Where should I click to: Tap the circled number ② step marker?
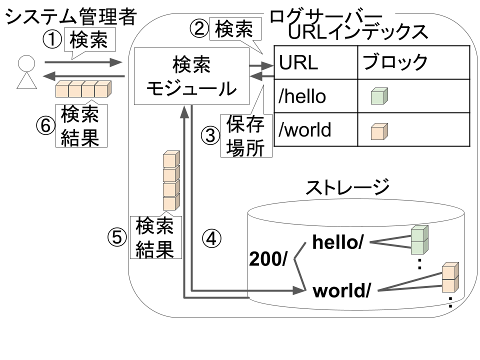(199, 29)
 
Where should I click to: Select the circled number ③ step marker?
(210, 135)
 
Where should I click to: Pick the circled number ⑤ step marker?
(117, 236)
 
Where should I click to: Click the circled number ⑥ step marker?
(45, 125)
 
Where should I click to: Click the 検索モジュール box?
(191, 76)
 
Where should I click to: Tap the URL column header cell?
(315, 63)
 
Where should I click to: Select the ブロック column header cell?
(413, 63)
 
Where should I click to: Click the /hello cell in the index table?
(315, 96)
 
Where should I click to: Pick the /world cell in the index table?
(315, 129)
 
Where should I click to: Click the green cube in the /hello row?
(379, 96)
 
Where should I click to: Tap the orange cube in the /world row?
(379, 131)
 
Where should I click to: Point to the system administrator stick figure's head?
(26, 63)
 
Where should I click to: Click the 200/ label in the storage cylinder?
(268, 259)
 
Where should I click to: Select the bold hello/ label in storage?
(337, 242)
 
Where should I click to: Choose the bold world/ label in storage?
(341, 290)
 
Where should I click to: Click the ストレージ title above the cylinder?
(347, 187)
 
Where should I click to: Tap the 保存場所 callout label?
(246, 136)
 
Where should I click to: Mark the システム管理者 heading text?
(70, 16)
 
